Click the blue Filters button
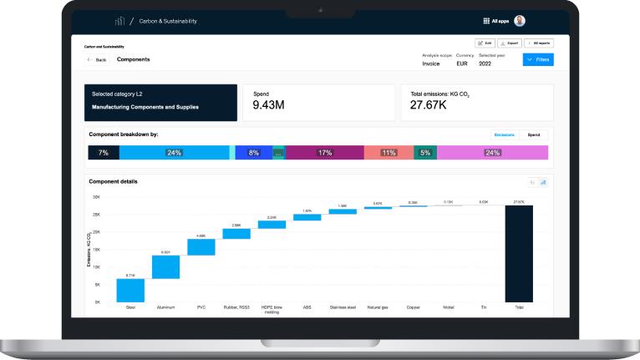click(538, 60)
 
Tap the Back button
click(96, 60)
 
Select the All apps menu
click(495, 21)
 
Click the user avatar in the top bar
click(520, 21)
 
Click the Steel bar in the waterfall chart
click(130, 290)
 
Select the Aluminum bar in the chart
click(165, 266)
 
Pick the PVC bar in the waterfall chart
click(201, 246)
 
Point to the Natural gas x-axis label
click(377, 307)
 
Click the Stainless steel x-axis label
click(342, 307)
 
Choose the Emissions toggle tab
click(505, 134)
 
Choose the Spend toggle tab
click(533, 134)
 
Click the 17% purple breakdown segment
click(324, 153)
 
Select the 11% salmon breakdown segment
click(389, 153)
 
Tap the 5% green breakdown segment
click(425, 153)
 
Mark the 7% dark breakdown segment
click(104, 153)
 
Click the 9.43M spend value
click(269, 106)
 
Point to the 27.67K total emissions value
click(429, 106)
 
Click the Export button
click(510, 43)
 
